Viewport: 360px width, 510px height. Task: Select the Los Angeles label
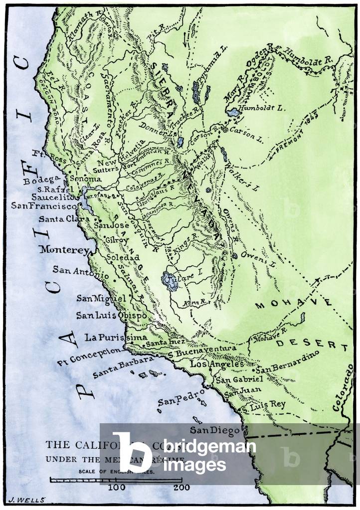point(217,364)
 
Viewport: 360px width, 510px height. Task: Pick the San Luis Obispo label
point(111,315)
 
